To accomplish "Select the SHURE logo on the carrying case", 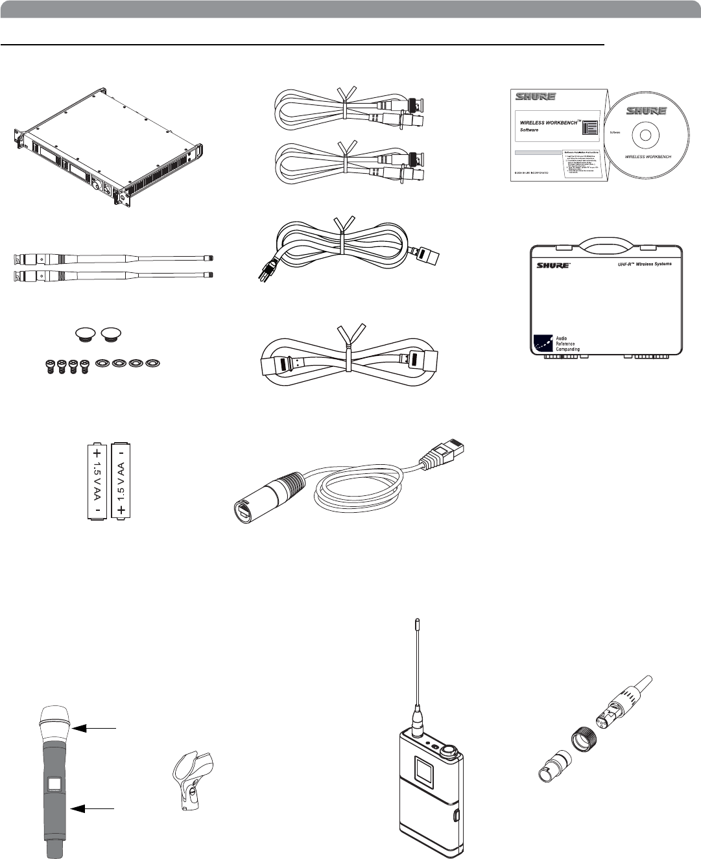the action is pyautogui.click(x=552, y=265).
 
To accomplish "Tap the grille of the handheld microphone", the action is pyautogui.click(x=56, y=722).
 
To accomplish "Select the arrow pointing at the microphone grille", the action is pyautogui.click(x=94, y=729).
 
